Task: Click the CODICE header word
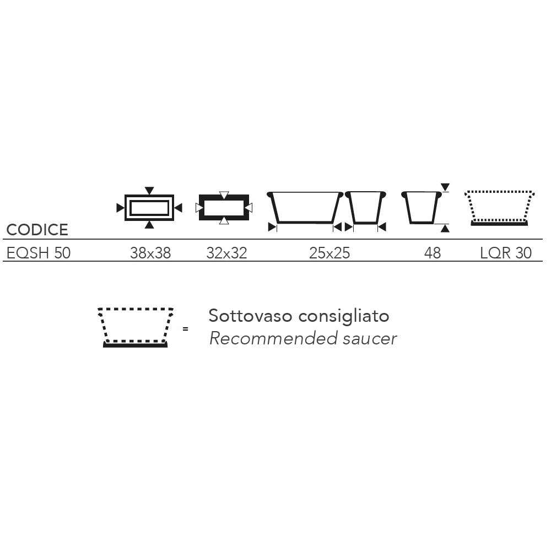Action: [x=37, y=230]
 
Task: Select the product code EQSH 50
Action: [x=39, y=253]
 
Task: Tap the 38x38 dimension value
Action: [x=150, y=253]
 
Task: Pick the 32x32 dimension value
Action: [x=226, y=253]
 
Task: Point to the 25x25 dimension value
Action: [x=329, y=253]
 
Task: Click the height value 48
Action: [x=432, y=253]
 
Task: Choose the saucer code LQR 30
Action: [x=506, y=253]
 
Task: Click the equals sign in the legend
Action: [x=186, y=329]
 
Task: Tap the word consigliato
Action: [x=344, y=316]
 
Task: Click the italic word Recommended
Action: [x=273, y=338]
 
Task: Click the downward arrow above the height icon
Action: [x=445, y=187]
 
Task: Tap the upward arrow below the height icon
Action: [x=445, y=229]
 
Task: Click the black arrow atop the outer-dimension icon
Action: [x=149, y=191]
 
